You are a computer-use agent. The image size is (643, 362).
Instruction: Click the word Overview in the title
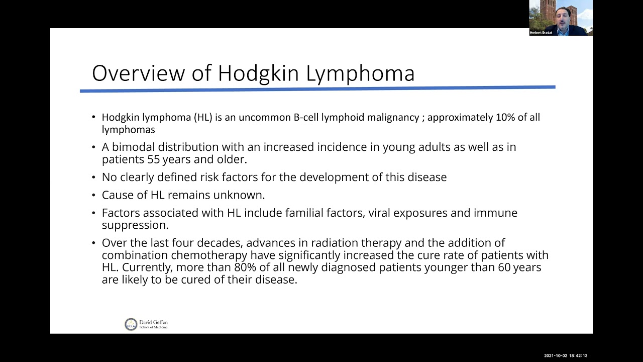138,73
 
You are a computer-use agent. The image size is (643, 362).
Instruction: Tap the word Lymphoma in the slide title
360,74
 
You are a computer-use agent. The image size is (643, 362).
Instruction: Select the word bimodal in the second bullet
134,147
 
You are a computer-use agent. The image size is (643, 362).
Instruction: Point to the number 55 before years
154,159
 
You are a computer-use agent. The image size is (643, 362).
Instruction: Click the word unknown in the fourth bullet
239,195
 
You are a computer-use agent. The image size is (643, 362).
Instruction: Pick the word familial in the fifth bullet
304,213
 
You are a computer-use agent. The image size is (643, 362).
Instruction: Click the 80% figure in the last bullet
245,267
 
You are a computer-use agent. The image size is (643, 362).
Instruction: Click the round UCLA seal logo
131,324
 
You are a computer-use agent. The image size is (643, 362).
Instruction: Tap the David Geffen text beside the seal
154,322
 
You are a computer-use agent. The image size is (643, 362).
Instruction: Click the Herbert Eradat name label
541,33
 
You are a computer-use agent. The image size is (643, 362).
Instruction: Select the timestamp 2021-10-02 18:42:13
566,355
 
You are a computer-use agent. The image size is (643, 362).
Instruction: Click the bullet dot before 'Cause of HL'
93,195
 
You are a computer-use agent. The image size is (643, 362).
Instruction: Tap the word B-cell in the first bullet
306,117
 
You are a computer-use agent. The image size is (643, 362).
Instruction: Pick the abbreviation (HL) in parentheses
203,118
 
